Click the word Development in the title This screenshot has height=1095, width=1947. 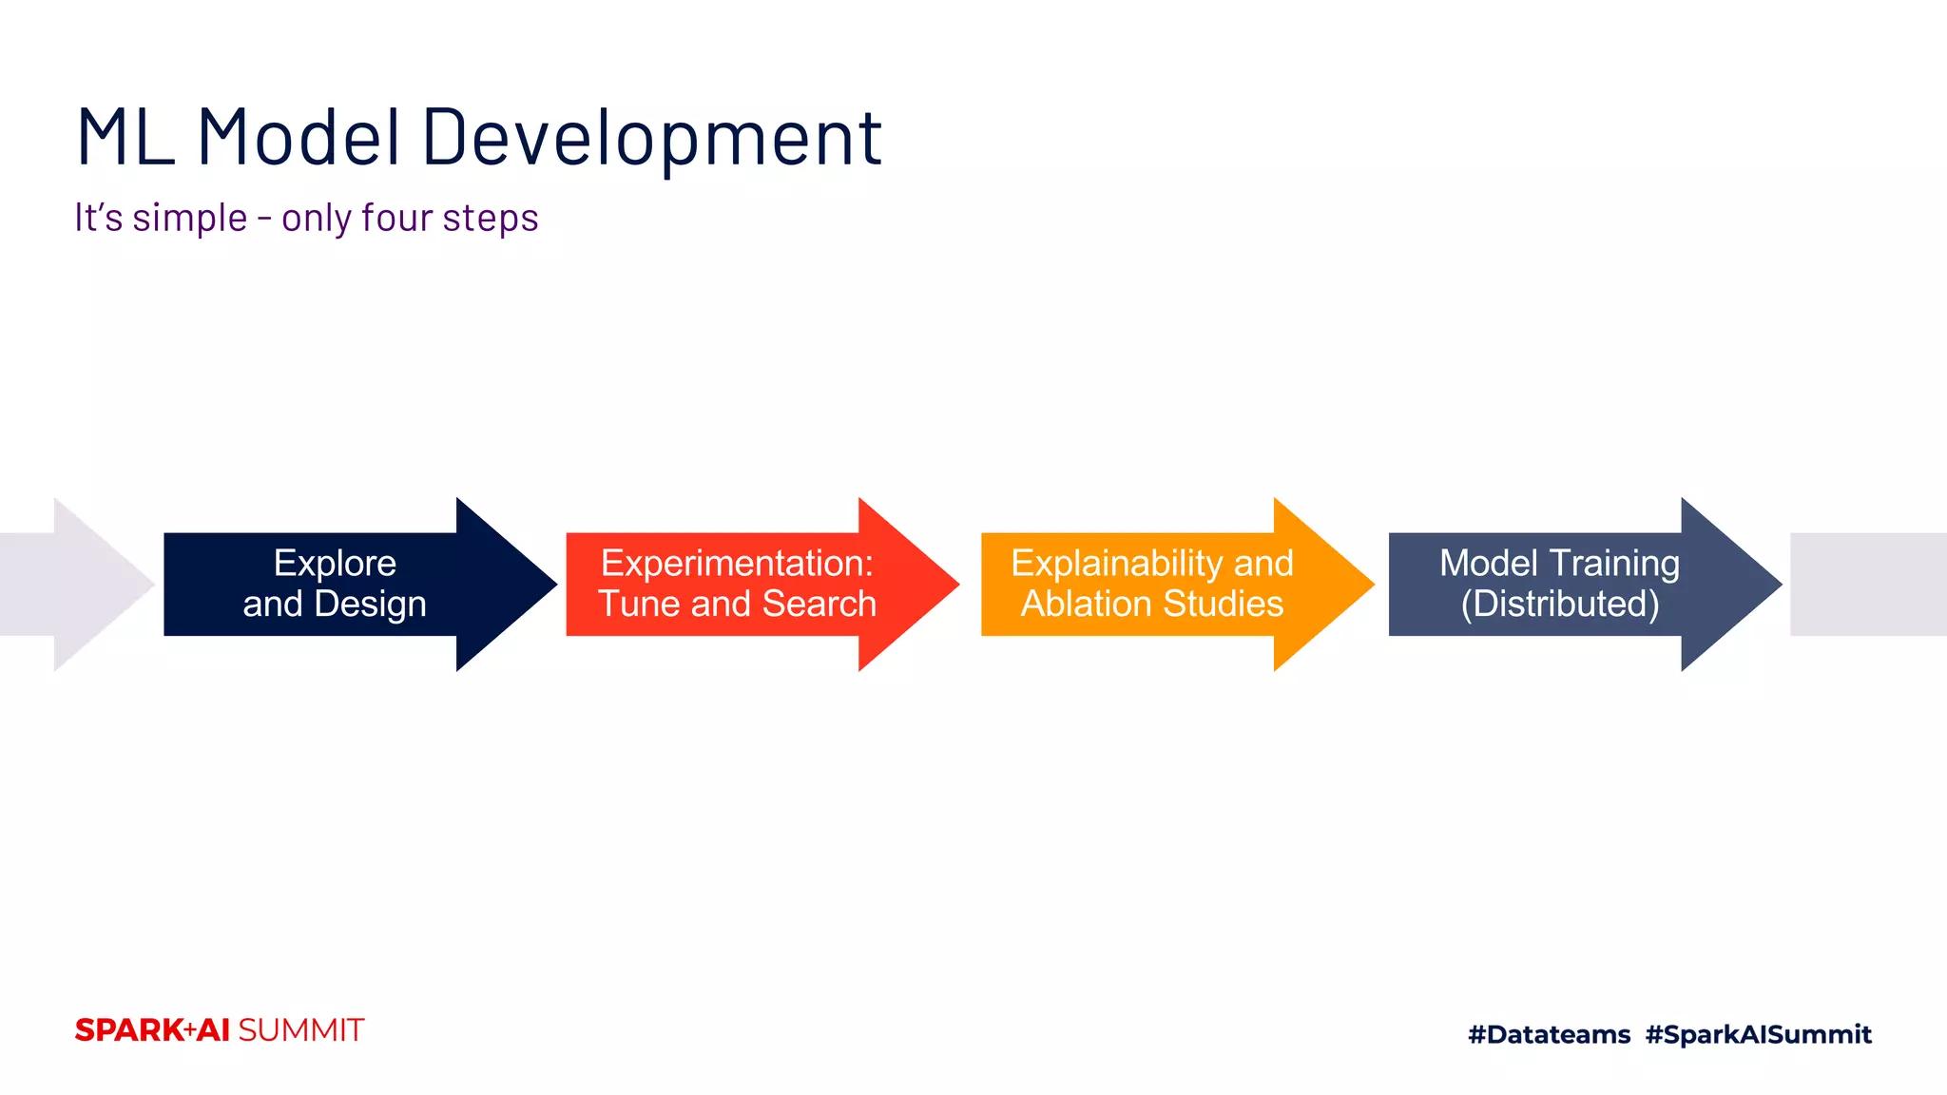pyautogui.click(x=652, y=139)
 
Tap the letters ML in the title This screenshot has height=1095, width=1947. pyautogui.click(x=125, y=139)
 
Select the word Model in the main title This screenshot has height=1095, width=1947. pyautogui.click(x=299, y=139)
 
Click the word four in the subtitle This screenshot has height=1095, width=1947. pyautogui.click(x=397, y=219)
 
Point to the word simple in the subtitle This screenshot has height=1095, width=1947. pyautogui.click(x=190, y=219)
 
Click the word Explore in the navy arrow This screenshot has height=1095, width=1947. pyautogui.click(x=335, y=563)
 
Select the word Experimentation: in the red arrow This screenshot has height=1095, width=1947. pyautogui.click(x=737, y=563)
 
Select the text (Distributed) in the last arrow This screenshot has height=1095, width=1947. pyautogui.click(x=1559, y=605)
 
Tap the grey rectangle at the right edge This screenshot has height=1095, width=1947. pyautogui.click(x=1868, y=584)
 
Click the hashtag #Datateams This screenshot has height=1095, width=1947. pyautogui.click(x=1549, y=1034)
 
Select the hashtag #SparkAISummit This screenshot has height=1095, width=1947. pyautogui.click(x=1758, y=1034)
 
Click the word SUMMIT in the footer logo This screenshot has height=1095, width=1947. pyautogui.click(x=300, y=1030)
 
